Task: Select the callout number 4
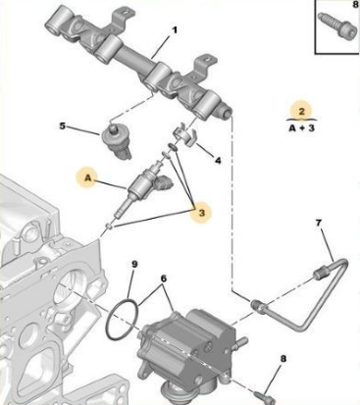(x=217, y=160)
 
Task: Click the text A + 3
(x=305, y=128)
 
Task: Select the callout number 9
(x=136, y=263)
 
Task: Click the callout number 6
(x=164, y=278)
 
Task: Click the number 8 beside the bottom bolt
(x=283, y=359)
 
